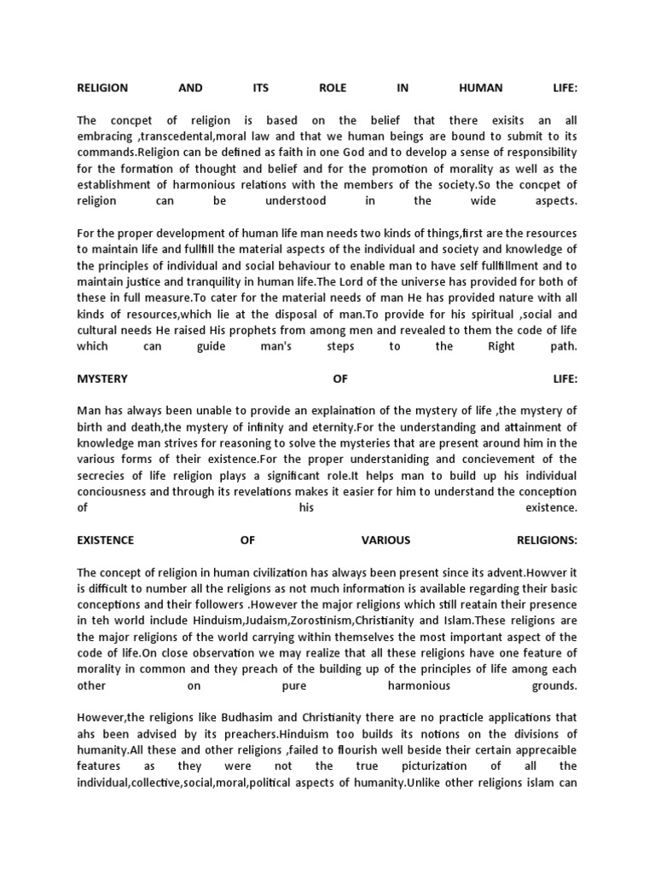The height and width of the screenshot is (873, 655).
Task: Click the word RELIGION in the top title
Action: [102, 88]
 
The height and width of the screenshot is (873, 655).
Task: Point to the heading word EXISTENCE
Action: [106, 541]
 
